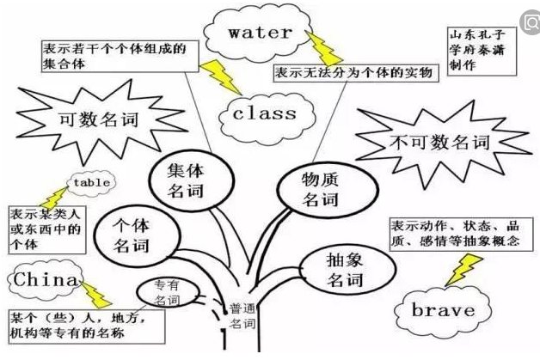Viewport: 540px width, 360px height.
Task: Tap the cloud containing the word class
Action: pos(264,113)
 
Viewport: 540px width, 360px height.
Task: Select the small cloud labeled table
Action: pos(89,184)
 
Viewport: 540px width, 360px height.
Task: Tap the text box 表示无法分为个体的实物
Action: pos(356,72)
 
